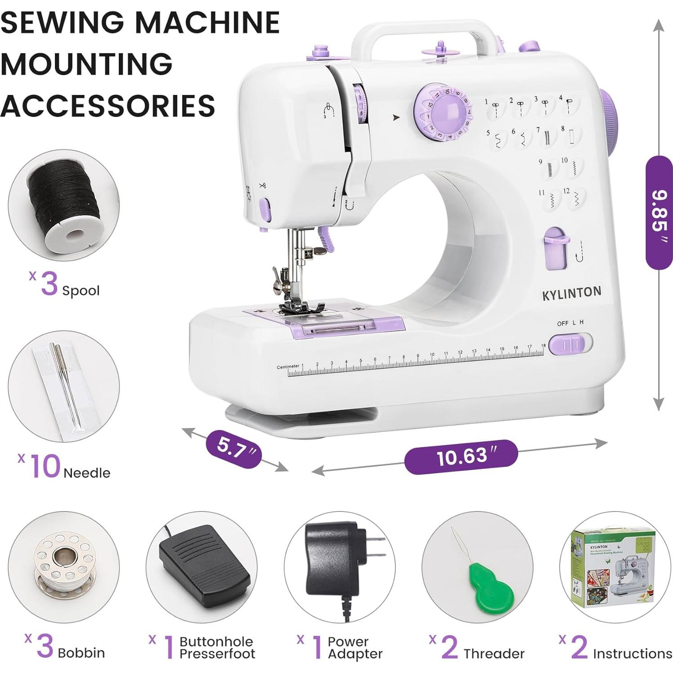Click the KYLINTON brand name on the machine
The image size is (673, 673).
tap(571, 293)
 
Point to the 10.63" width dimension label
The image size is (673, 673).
tap(461, 457)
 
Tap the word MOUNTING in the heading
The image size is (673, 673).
tap(86, 63)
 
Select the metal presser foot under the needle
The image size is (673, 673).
tap(301, 307)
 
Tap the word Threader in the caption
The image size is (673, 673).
tap(494, 653)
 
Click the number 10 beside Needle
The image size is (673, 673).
tap(45, 466)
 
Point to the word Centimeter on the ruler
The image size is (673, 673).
tap(288, 367)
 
